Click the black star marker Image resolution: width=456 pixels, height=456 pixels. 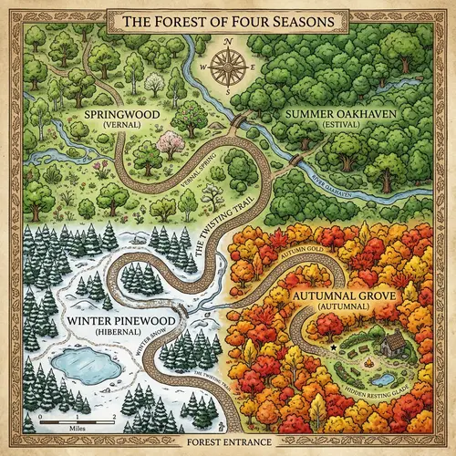334,348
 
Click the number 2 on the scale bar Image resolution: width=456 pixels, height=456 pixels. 111,416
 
